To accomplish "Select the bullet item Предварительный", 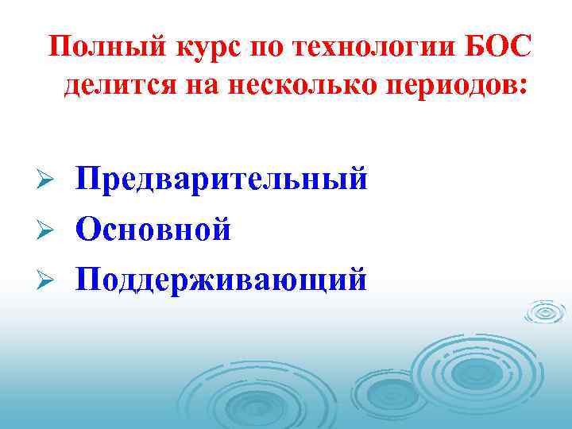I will click(x=222, y=179).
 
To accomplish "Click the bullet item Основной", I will click(x=153, y=230).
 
